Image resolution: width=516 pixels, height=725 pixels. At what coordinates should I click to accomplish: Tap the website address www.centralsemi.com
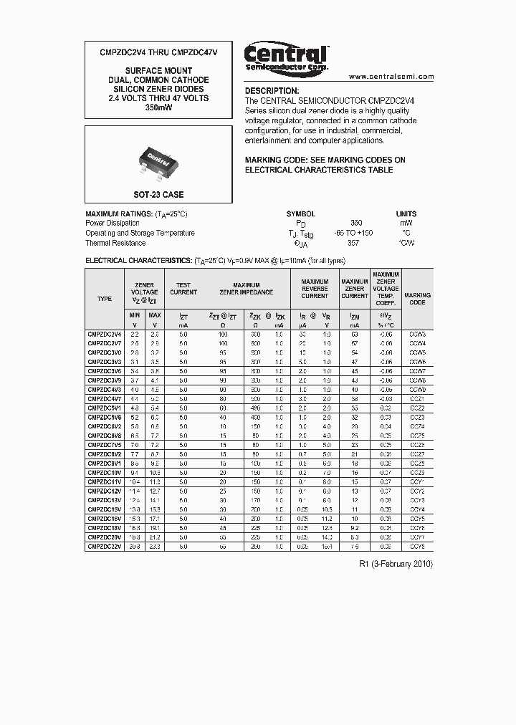(391, 77)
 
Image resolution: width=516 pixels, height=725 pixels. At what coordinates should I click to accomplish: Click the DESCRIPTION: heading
(272, 91)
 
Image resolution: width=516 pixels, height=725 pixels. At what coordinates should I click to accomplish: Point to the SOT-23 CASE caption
(158, 195)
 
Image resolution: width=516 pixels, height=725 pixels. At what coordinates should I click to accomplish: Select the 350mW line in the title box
(158, 107)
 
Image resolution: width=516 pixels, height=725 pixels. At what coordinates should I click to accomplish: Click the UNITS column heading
(406, 213)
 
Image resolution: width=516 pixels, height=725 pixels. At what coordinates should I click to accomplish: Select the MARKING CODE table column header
(417, 298)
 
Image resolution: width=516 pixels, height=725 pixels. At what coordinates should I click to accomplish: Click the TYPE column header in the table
(105, 298)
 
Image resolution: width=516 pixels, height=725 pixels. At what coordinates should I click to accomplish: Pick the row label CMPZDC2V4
(105, 334)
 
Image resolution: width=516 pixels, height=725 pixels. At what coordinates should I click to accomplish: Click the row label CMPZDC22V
(105, 546)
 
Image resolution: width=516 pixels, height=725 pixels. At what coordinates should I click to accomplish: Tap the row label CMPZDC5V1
(105, 408)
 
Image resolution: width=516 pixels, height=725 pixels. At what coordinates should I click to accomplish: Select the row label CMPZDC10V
(105, 472)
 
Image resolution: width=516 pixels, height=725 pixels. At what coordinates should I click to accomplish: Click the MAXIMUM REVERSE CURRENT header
(315, 289)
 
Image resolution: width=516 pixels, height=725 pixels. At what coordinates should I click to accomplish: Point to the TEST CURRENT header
(183, 289)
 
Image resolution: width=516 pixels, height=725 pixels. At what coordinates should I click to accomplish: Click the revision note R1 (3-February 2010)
(396, 564)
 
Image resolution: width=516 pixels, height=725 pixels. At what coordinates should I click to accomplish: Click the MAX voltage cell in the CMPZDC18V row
(155, 527)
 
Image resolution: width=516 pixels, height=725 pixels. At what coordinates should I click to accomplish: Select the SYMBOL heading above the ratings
(300, 213)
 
